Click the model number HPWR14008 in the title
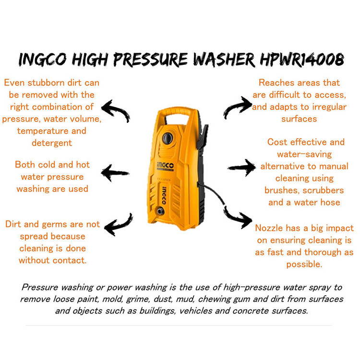(302, 60)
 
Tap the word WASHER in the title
(224, 60)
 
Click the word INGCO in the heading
(43, 60)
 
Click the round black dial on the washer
(168, 138)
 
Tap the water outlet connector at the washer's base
(160, 211)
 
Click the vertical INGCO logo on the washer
(164, 195)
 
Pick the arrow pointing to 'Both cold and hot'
(115, 173)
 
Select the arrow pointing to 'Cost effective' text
(241, 168)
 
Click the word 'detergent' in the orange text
(52, 143)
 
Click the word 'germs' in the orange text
(55, 224)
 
